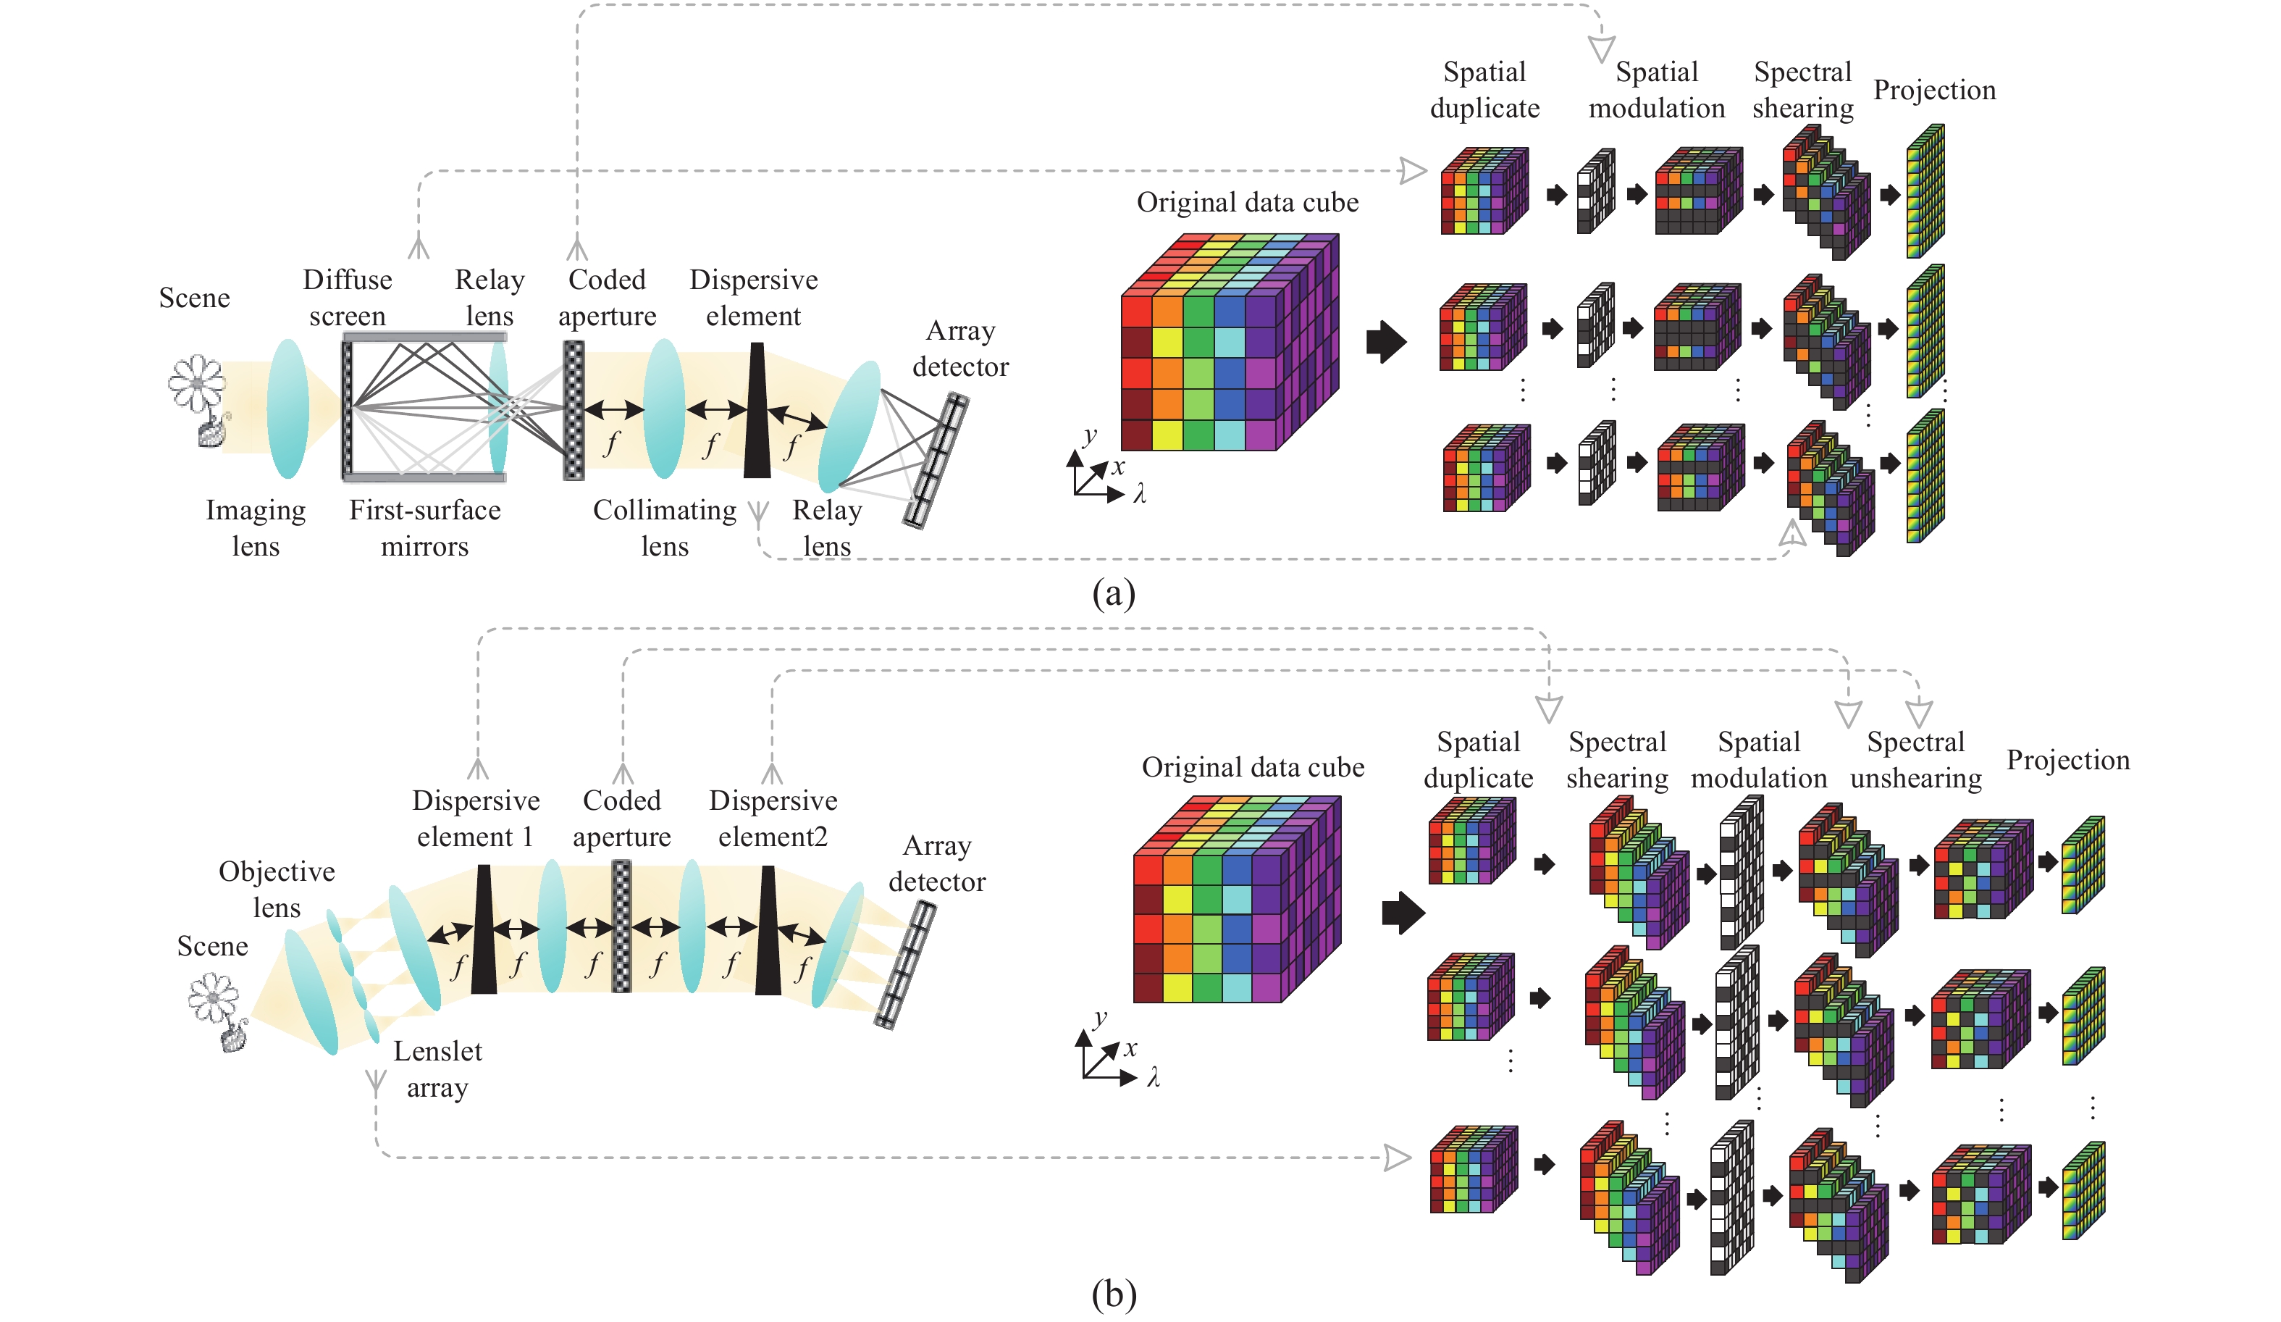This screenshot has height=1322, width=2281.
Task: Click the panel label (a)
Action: tap(1114, 594)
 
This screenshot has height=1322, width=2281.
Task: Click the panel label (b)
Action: tap(1114, 1295)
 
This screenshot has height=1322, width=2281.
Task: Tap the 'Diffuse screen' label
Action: tap(347, 298)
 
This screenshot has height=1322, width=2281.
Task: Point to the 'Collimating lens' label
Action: tap(665, 528)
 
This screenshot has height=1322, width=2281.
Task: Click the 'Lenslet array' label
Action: tap(437, 1069)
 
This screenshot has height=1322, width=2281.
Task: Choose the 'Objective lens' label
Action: tap(276, 890)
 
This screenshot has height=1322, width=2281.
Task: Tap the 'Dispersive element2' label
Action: tap(773, 819)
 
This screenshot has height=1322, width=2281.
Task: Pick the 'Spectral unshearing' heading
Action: tap(1915, 760)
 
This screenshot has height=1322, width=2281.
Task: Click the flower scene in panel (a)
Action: tap(200, 399)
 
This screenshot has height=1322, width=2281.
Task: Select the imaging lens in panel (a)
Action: tap(288, 409)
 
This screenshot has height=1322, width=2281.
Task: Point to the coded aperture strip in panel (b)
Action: tap(621, 926)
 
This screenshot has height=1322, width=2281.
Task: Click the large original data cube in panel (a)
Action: tap(1230, 344)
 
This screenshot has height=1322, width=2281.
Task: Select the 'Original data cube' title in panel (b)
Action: tap(1253, 768)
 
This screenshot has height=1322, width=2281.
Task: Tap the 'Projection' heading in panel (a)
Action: tap(1934, 91)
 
